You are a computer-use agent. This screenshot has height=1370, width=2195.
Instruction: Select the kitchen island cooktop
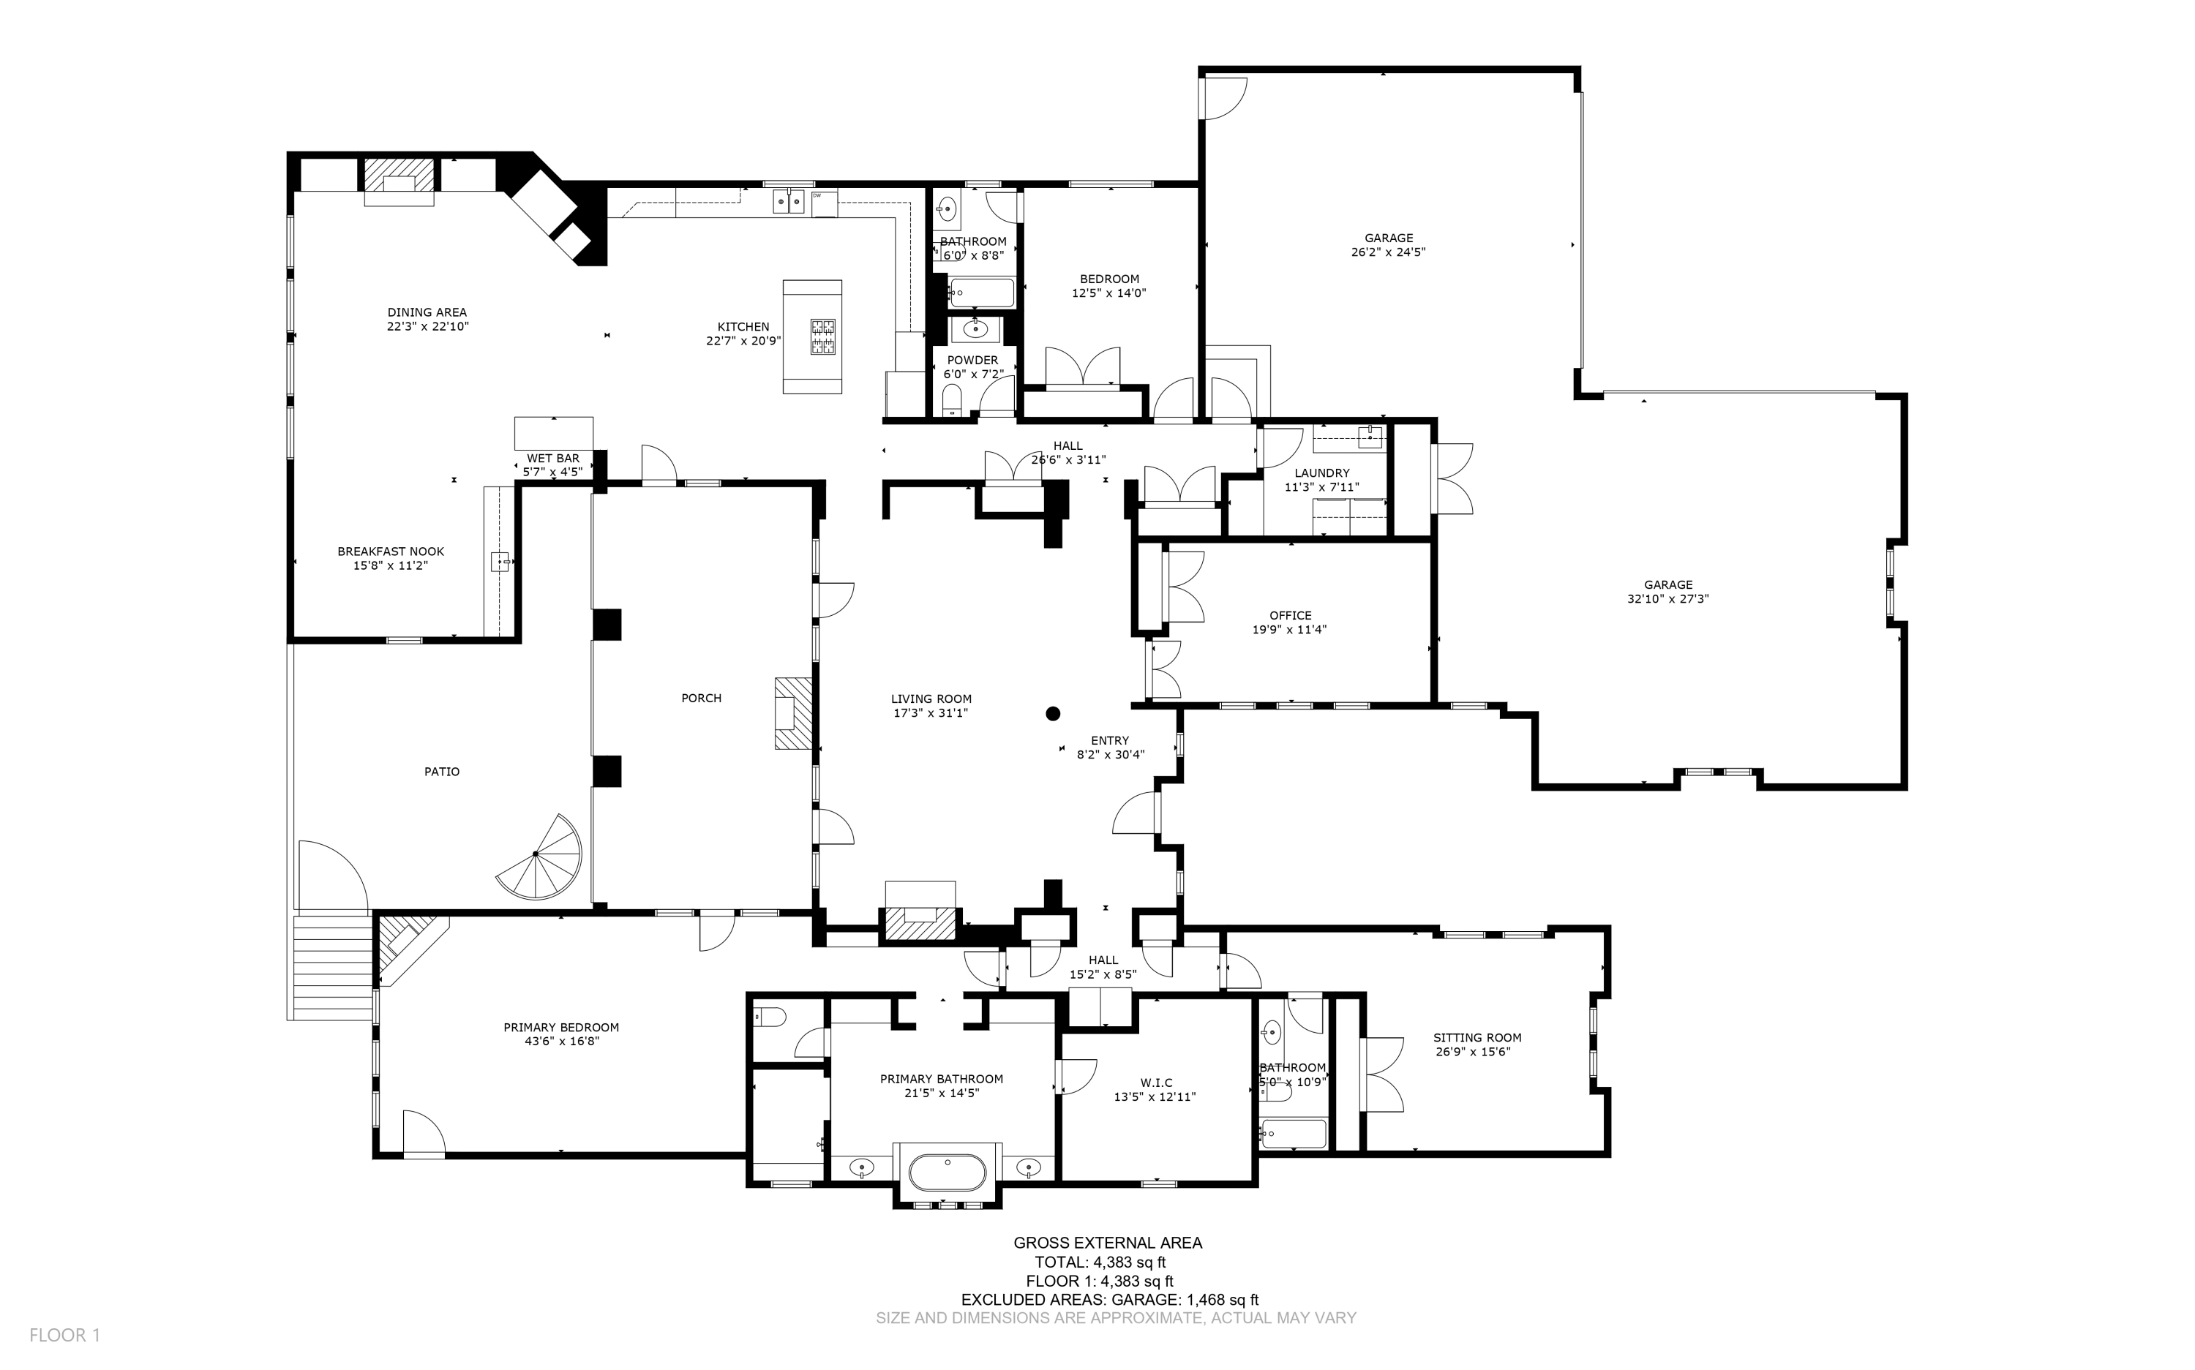[x=823, y=337]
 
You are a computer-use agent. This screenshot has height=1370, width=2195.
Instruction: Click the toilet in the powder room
[x=952, y=399]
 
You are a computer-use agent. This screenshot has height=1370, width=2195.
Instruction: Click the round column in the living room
[x=1052, y=714]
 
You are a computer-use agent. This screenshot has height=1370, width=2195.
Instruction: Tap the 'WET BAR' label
[x=553, y=459]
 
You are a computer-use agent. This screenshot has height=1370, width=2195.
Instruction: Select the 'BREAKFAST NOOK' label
[x=391, y=551]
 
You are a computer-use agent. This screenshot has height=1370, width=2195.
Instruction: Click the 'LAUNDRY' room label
[x=1322, y=473]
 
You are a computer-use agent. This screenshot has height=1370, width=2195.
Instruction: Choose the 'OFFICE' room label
[x=1291, y=615]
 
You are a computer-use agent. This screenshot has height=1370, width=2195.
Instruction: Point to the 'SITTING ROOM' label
[x=1477, y=1037]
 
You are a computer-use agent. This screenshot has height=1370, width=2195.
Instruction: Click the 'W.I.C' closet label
[x=1157, y=1083]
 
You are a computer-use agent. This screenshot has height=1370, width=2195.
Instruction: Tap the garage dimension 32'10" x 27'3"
[x=1667, y=599]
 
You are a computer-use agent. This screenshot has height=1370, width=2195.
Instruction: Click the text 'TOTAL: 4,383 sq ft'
[x=1100, y=1262]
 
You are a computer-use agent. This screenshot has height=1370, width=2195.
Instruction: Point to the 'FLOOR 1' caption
[x=64, y=1336]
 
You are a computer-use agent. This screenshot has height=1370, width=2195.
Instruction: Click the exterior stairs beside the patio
[x=331, y=967]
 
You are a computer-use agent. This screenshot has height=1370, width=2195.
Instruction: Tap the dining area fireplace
[x=399, y=182]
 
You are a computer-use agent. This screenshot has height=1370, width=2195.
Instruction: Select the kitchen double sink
[x=789, y=201]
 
